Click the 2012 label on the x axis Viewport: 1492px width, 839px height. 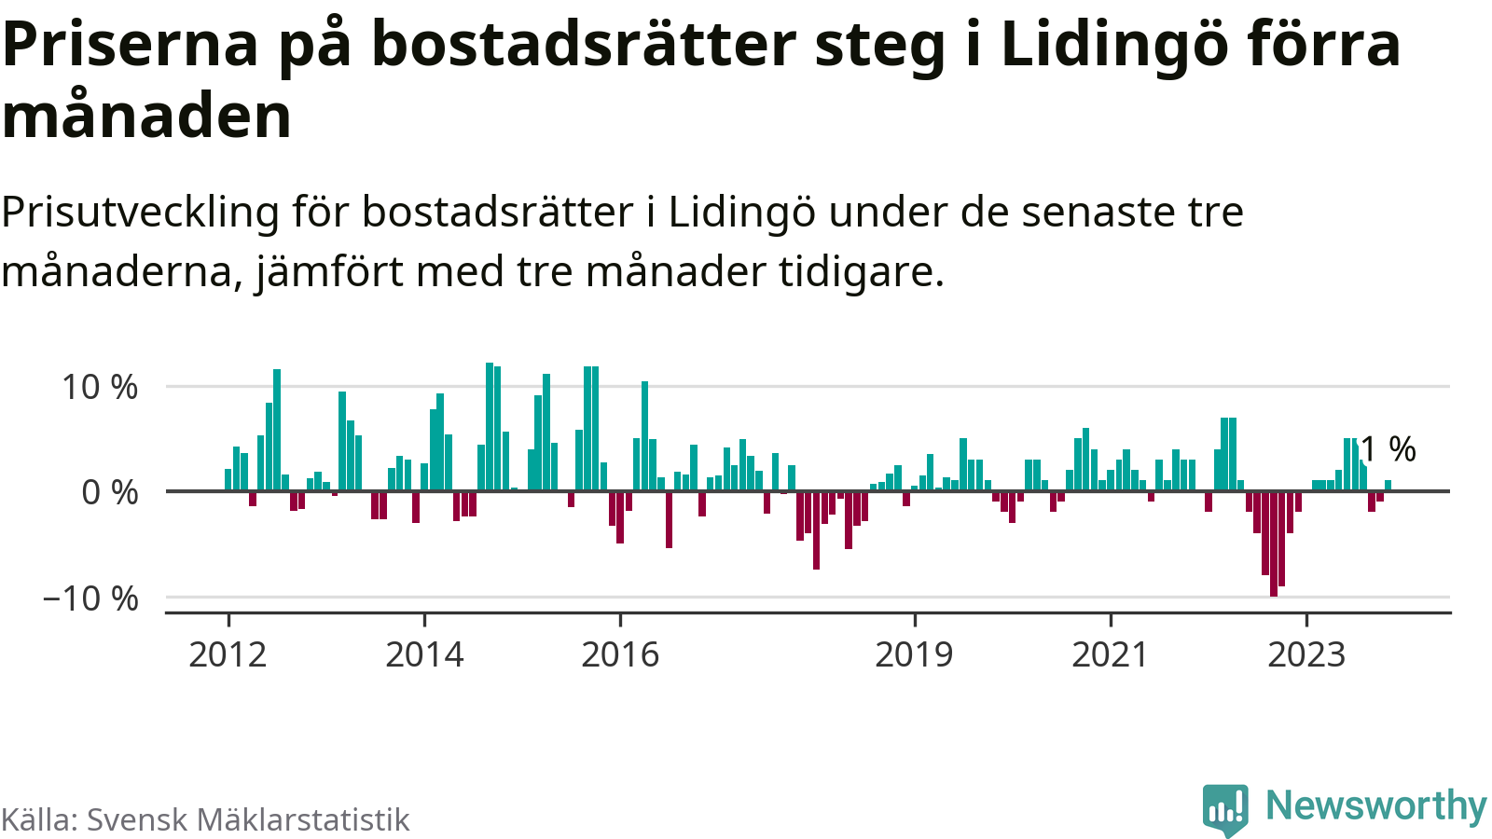[228, 654]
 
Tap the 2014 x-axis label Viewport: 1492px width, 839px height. [424, 654]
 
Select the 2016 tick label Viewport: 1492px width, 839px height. [620, 654]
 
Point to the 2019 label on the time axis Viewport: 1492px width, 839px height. [914, 654]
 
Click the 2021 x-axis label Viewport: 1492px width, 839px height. [1110, 654]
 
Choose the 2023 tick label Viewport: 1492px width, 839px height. [1306, 654]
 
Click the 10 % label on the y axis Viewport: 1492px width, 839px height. [100, 387]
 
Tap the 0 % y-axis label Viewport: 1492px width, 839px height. [110, 492]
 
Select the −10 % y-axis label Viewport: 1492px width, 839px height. [90, 598]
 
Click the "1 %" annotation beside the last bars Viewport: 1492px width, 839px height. [1388, 449]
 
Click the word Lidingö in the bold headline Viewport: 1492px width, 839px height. [1107, 45]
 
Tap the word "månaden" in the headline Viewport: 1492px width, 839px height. [147, 116]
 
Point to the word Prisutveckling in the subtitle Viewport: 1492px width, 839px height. [140, 213]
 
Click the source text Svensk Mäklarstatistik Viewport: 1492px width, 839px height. [248, 819]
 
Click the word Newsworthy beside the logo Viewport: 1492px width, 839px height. [1375, 805]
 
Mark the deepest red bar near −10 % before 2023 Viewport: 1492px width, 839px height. [1274, 543]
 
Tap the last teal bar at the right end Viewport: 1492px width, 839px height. [1388, 485]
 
